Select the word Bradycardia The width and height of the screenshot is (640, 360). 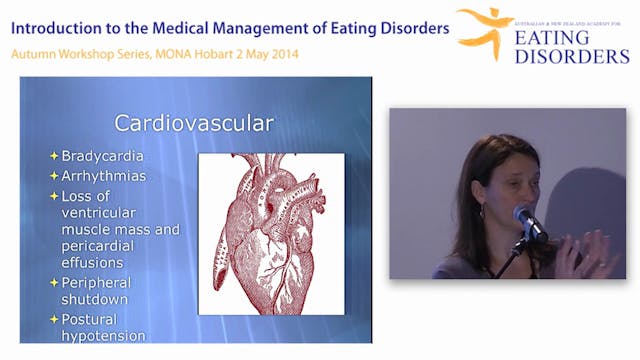pos(103,156)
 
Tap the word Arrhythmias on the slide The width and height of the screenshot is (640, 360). pos(104,175)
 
